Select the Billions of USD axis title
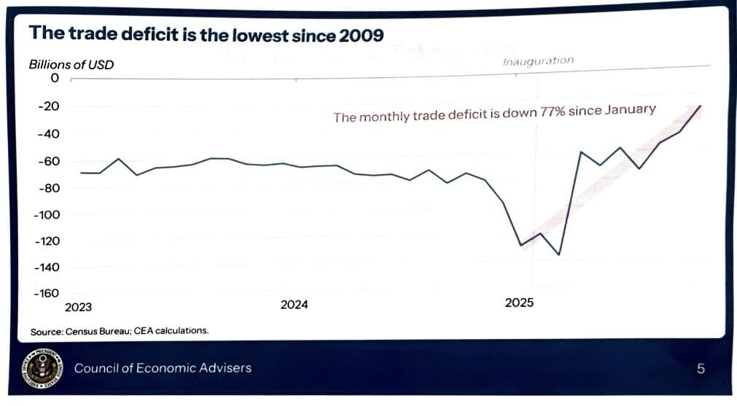pos(71,64)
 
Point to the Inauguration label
pos(538,61)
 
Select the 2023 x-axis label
pos(79,307)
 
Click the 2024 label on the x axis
pos(294,305)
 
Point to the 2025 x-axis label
pos(519,302)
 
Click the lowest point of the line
pos(559,254)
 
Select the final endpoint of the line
pos(700,106)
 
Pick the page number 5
pos(701,369)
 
